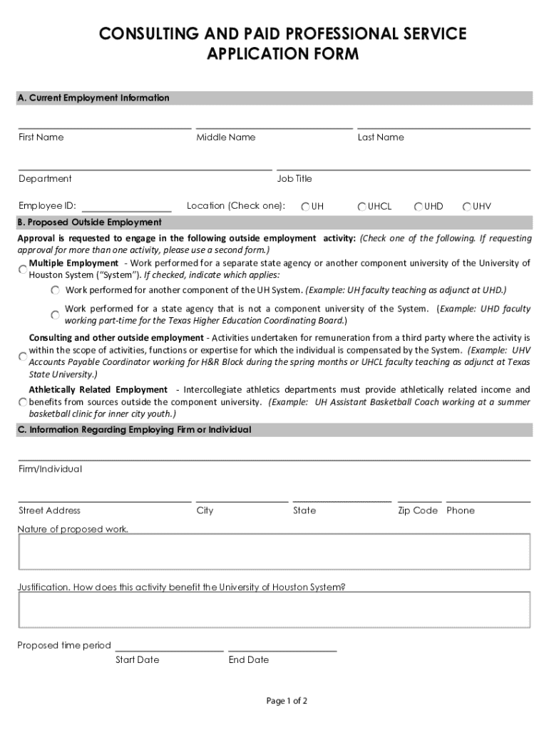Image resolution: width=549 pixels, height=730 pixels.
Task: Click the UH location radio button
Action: point(305,207)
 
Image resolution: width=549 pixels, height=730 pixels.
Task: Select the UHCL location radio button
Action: point(362,207)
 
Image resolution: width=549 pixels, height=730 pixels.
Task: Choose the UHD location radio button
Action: point(419,207)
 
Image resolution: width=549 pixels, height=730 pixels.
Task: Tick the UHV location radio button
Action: point(467,207)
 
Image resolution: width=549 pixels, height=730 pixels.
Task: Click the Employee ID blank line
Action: point(126,206)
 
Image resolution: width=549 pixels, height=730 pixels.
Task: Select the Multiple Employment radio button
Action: point(23,269)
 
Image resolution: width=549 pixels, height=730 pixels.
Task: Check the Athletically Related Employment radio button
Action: point(23,402)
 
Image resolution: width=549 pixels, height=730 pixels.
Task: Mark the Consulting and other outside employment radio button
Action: point(23,356)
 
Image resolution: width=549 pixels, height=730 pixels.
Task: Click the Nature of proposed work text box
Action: point(274,552)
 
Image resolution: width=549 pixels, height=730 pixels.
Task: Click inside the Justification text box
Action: point(274,610)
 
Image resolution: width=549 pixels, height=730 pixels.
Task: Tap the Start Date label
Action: point(137,660)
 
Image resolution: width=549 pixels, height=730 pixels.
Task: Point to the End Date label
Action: point(249,660)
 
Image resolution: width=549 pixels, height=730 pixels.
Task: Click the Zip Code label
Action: point(418,510)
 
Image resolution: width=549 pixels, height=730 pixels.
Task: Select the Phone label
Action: point(461,510)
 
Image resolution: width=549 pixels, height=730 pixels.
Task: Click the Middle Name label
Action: point(226,138)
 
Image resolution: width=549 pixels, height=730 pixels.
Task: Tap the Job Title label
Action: point(294,179)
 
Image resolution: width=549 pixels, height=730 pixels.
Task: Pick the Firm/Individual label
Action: point(50,469)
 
